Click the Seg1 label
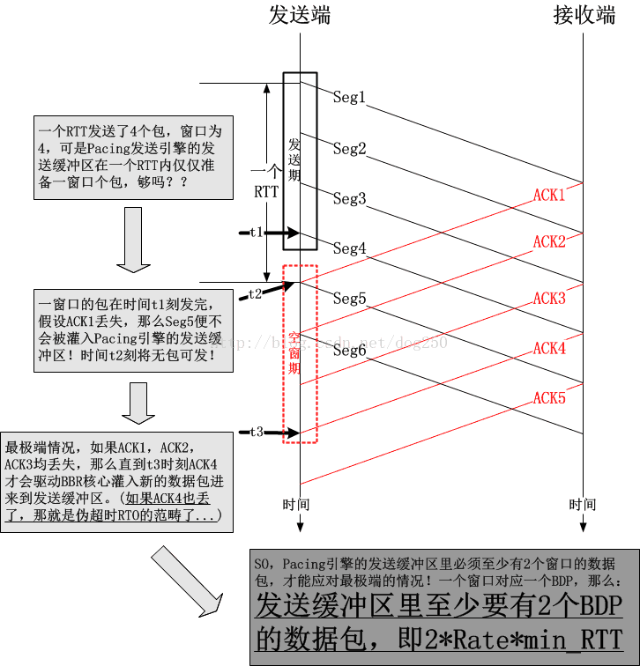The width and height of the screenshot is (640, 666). [x=349, y=98]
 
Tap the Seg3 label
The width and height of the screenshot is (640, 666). [x=349, y=199]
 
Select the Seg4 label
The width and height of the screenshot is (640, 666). [x=349, y=249]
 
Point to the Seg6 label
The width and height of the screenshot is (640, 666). [x=349, y=350]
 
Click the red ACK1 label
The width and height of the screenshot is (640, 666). [x=549, y=195]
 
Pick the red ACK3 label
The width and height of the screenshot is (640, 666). [x=549, y=299]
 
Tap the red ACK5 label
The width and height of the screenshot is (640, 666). [x=549, y=398]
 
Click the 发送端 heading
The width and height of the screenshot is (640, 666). [x=300, y=15]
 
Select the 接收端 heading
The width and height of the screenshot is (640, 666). [x=584, y=15]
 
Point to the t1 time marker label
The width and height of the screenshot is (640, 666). [x=257, y=233]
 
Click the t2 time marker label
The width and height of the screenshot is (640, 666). [x=255, y=294]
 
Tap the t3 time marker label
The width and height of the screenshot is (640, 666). [x=257, y=432]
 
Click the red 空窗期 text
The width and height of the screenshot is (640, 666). [x=295, y=351]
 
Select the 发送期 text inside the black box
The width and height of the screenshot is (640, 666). [x=295, y=159]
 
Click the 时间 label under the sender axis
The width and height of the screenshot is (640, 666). [x=297, y=505]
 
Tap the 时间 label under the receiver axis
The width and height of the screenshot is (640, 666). [x=582, y=505]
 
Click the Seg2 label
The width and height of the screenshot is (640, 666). [x=349, y=149]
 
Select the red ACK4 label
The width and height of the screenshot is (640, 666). [x=549, y=349]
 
